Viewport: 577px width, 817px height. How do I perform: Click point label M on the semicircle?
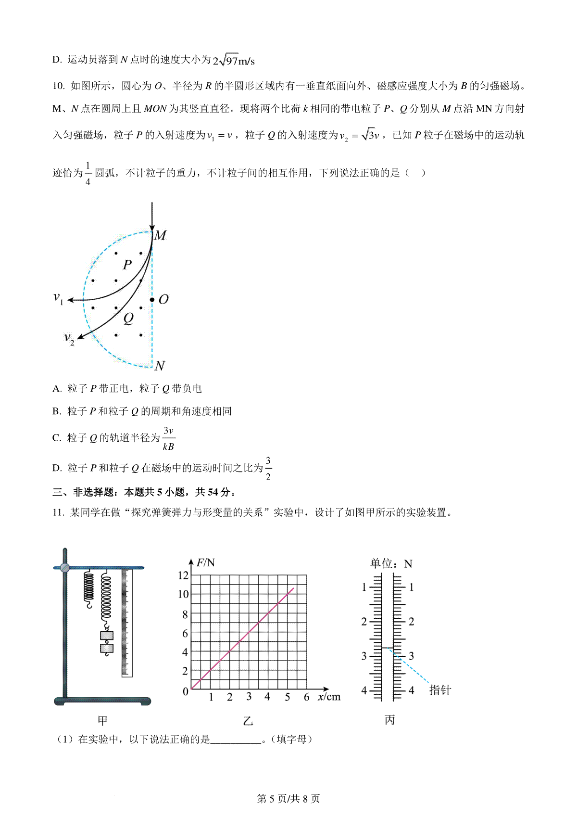click(x=161, y=235)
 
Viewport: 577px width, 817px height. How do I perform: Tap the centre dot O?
click(x=152, y=300)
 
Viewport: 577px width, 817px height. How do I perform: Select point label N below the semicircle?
click(x=160, y=366)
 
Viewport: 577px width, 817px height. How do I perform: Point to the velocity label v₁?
click(x=58, y=298)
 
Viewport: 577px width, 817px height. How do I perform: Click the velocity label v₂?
click(x=69, y=338)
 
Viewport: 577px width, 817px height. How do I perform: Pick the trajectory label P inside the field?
click(x=127, y=264)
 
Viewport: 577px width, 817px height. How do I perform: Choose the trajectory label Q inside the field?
click(x=128, y=318)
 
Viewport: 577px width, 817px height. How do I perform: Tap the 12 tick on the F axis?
click(x=183, y=575)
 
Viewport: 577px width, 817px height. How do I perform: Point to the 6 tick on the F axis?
click(x=185, y=633)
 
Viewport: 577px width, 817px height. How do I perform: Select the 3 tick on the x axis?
click(x=249, y=697)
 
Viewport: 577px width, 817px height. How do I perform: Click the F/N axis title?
click(x=206, y=562)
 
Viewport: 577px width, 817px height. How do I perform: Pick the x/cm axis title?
click(x=329, y=697)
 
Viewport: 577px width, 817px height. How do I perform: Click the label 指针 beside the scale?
click(x=440, y=690)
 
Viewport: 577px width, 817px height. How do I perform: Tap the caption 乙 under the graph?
click(x=248, y=721)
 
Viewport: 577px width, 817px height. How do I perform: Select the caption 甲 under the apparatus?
click(x=102, y=720)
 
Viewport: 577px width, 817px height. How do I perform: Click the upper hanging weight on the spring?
click(x=107, y=636)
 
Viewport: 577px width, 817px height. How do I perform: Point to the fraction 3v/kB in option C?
click(x=168, y=438)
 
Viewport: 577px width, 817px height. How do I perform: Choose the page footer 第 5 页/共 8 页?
click(x=288, y=799)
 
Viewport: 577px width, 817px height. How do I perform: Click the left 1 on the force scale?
click(x=364, y=587)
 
